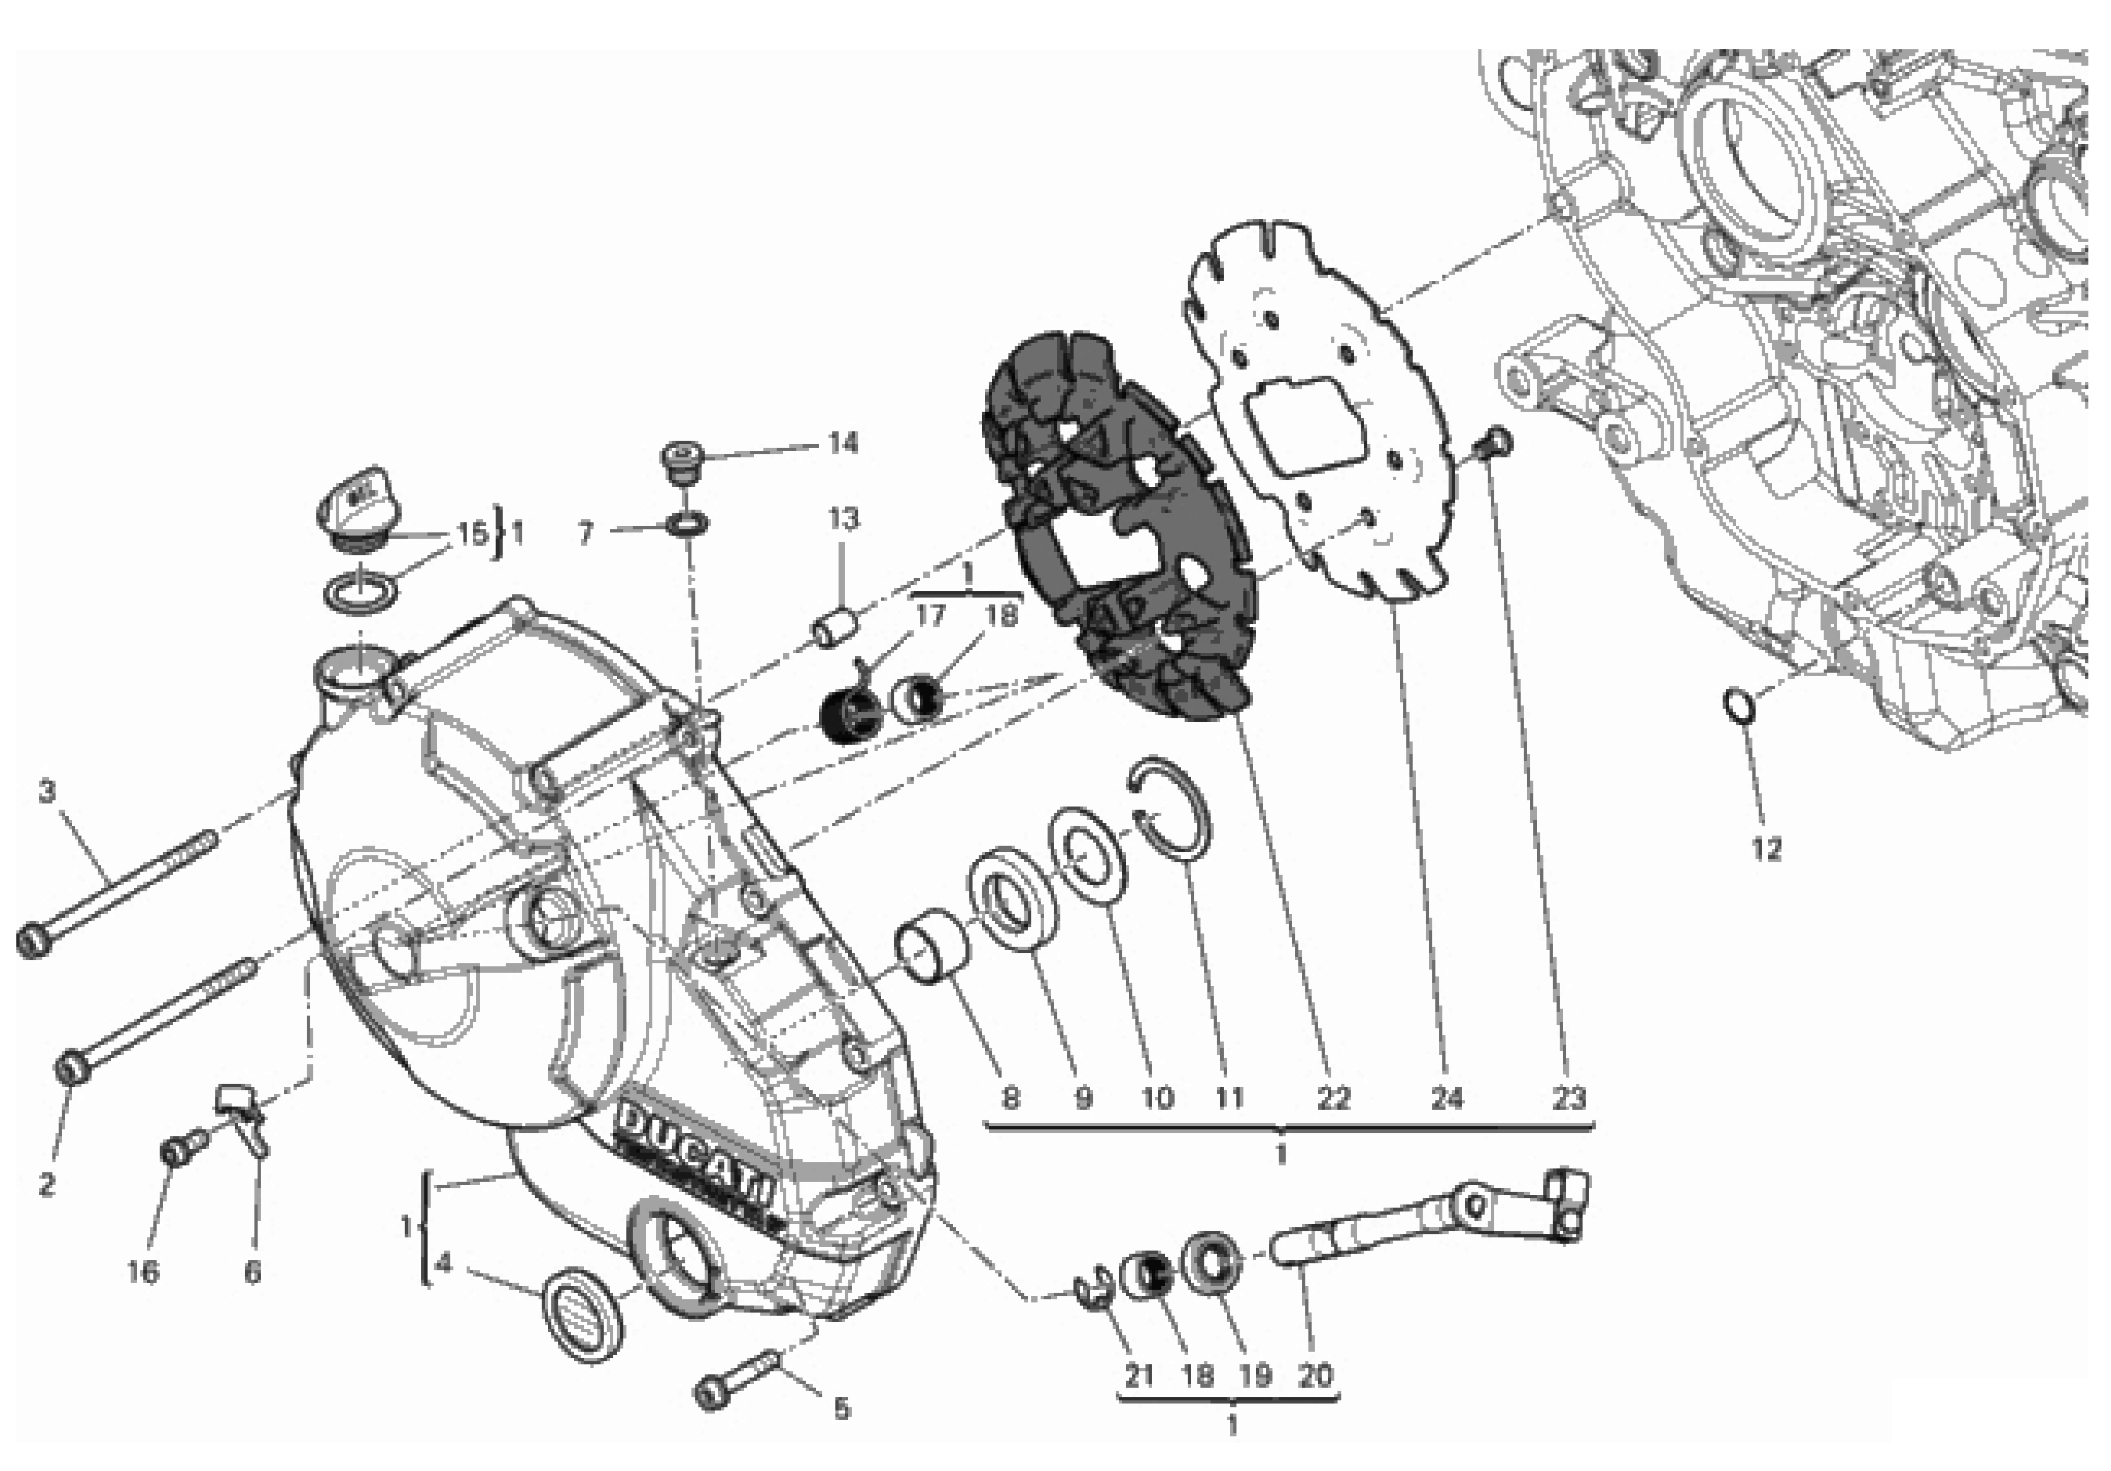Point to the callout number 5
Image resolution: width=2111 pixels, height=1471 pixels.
tap(841, 1409)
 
